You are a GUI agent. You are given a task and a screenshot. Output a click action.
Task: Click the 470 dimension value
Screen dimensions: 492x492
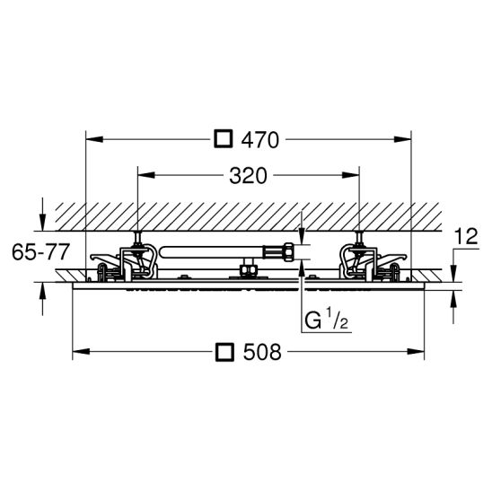(x=259, y=140)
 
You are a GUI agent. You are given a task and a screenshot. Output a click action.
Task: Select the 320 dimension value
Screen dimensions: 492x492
(x=248, y=176)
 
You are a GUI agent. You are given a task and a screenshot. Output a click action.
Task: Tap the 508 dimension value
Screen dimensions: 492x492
(x=262, y=352)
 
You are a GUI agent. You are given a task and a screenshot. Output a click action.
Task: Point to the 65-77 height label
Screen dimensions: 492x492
(x=40, y=251)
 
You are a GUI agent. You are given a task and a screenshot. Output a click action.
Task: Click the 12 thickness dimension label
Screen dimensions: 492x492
(x=466, y=236)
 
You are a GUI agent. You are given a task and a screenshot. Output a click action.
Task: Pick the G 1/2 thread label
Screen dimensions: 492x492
(x=327, y=319)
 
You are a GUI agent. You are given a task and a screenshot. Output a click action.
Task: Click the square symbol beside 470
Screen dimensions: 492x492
(x=224, y=139)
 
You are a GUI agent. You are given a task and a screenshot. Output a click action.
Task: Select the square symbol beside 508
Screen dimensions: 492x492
(x=225, y=352)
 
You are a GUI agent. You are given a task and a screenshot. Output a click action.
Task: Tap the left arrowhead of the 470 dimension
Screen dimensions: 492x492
(x=94, y=139)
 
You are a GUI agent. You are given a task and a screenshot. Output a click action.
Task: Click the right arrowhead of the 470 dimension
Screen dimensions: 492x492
(x=402, y=139)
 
